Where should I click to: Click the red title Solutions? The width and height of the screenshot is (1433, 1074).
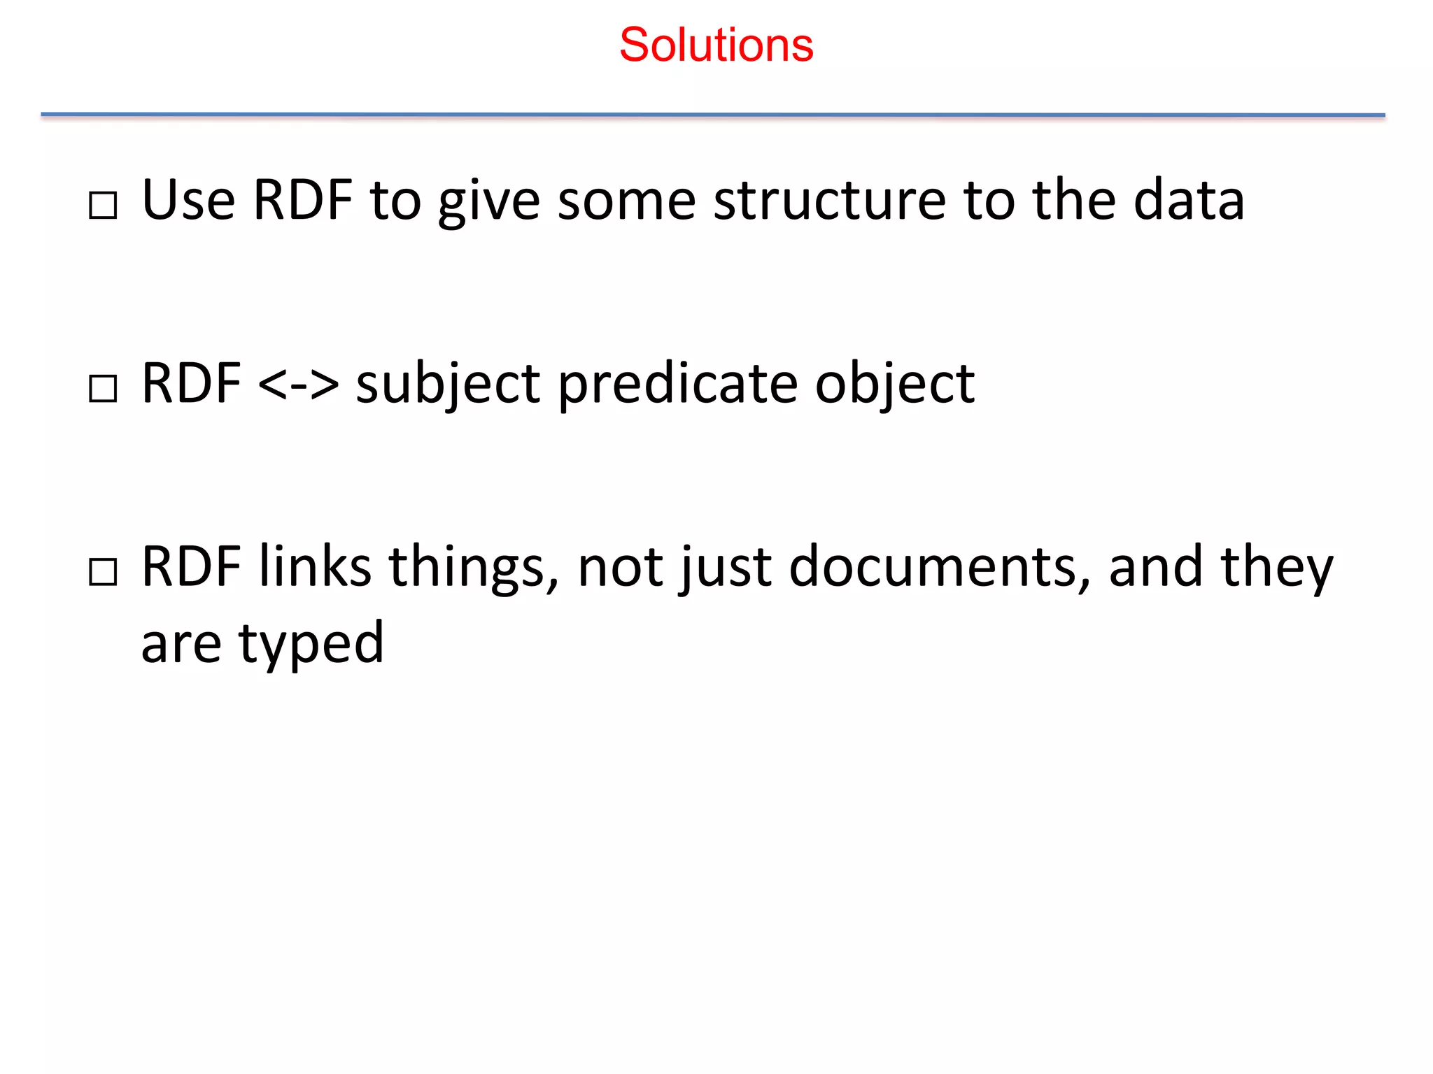pos(716,45)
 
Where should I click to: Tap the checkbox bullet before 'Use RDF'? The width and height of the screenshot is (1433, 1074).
pos(103,206)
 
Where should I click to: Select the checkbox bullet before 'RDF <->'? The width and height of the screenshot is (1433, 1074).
pos(103,389)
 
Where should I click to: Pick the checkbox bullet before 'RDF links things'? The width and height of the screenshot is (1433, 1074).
pos(103,572)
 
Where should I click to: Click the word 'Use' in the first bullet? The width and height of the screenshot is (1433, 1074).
pos(188,201)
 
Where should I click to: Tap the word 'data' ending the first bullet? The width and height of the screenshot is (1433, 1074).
pos(1189,201)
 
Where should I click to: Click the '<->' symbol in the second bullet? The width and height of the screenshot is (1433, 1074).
pos(298,384)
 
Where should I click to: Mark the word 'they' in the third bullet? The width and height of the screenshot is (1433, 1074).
pos(1277,568)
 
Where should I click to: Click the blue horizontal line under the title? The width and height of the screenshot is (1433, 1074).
pos(712,115)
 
